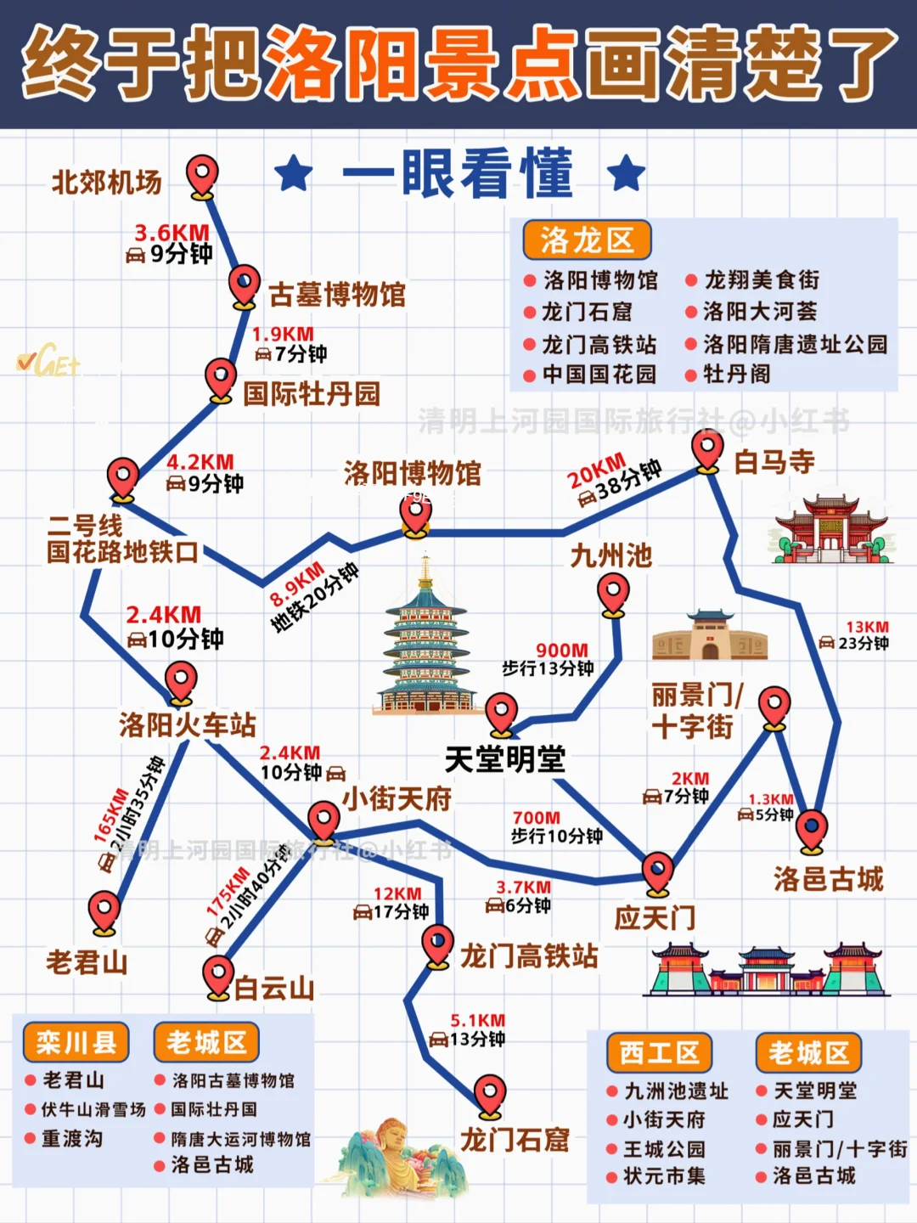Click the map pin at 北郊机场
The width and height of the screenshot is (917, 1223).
tap(202, 176)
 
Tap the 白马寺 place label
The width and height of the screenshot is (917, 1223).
tap(774, 462)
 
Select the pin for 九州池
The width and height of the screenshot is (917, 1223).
tap(613, 592)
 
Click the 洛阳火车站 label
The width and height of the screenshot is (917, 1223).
tap(187, 724)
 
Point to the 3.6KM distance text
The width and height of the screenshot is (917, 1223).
tap(172, 233)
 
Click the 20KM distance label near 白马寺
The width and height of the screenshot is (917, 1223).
tap(596, 472)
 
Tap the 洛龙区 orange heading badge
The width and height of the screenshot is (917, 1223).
tap(586, 240)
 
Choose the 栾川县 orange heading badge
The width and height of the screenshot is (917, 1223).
tap(76, 1042)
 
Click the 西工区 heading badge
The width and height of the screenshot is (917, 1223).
tap(659, 1053)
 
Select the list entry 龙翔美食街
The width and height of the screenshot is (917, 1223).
tap(762, 279)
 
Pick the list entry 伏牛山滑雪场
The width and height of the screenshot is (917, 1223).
tap(93, 1109)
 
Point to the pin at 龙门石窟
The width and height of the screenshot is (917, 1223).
tap(490, 1096)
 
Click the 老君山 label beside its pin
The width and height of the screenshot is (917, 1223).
tap(87, 962)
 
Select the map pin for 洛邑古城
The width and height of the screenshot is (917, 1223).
tap(812, 828)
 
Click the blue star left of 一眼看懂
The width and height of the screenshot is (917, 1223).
tap(294, 173)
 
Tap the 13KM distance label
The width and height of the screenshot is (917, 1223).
tap(866, 627)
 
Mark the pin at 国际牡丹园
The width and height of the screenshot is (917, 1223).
tap(221, 379)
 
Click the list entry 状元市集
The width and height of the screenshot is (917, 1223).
tap(664, 1176)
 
